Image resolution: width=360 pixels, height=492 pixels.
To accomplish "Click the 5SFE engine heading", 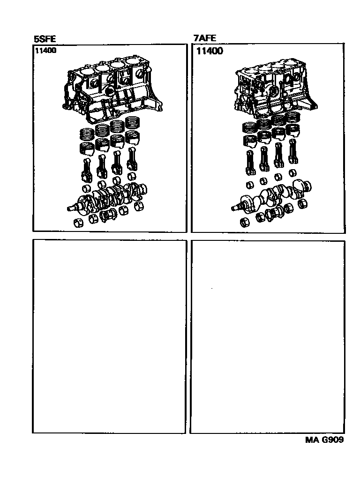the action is coord(45,39).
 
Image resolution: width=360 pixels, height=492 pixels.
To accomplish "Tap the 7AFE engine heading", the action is coord(205,38).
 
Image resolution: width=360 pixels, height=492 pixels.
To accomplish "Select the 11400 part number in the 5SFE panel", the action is coord(46,50).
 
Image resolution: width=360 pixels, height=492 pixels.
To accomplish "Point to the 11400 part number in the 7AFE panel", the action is coord(210,51).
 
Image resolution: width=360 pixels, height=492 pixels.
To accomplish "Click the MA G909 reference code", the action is coord(324,440).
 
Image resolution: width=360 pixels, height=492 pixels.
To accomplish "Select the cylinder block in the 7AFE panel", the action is coord(275,85).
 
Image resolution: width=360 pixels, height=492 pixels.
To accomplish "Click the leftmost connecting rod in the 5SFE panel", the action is coord(87,170).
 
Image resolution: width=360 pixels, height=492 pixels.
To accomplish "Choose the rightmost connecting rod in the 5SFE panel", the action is coord(132,161).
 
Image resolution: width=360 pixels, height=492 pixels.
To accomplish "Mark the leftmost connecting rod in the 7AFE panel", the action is coord(250,162).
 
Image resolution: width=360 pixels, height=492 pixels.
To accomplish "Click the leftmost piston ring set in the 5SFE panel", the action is coord(86,134).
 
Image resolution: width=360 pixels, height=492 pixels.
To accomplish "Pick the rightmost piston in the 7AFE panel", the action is coord(292,131).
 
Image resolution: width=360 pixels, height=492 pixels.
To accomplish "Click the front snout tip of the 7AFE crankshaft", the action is coord(232,208).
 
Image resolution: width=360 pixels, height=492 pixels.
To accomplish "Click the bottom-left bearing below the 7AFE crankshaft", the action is coord(245,222).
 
